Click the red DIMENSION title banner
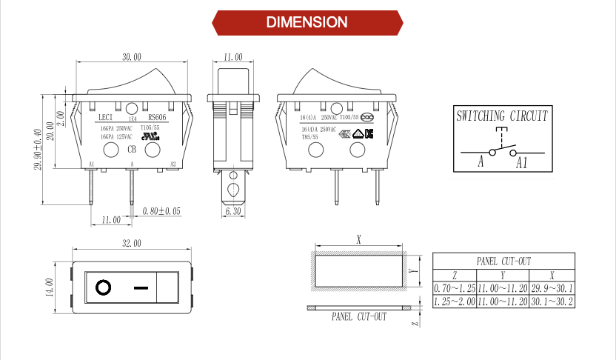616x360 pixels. [307, 22]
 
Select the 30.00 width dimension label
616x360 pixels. [132, 57]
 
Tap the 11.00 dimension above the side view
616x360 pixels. [232, 57]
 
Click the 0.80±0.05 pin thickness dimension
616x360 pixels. [161, 211]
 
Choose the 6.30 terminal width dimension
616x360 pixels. [234, 212]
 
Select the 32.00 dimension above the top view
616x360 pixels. [130, 243]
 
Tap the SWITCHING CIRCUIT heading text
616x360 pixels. [502, 116]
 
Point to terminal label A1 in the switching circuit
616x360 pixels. [522, 162]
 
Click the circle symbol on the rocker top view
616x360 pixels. [103, 287]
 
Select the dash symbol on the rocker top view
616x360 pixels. [142, 287]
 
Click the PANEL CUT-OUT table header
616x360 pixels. [503, 261]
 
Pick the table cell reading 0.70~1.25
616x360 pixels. [454, 287]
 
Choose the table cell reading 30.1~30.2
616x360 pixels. [552, 301]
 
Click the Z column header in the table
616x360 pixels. [454, 274]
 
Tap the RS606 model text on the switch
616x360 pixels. [157, 117]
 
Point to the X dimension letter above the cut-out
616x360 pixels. [359, 240]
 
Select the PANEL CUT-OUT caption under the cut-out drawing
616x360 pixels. [358, 317]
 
